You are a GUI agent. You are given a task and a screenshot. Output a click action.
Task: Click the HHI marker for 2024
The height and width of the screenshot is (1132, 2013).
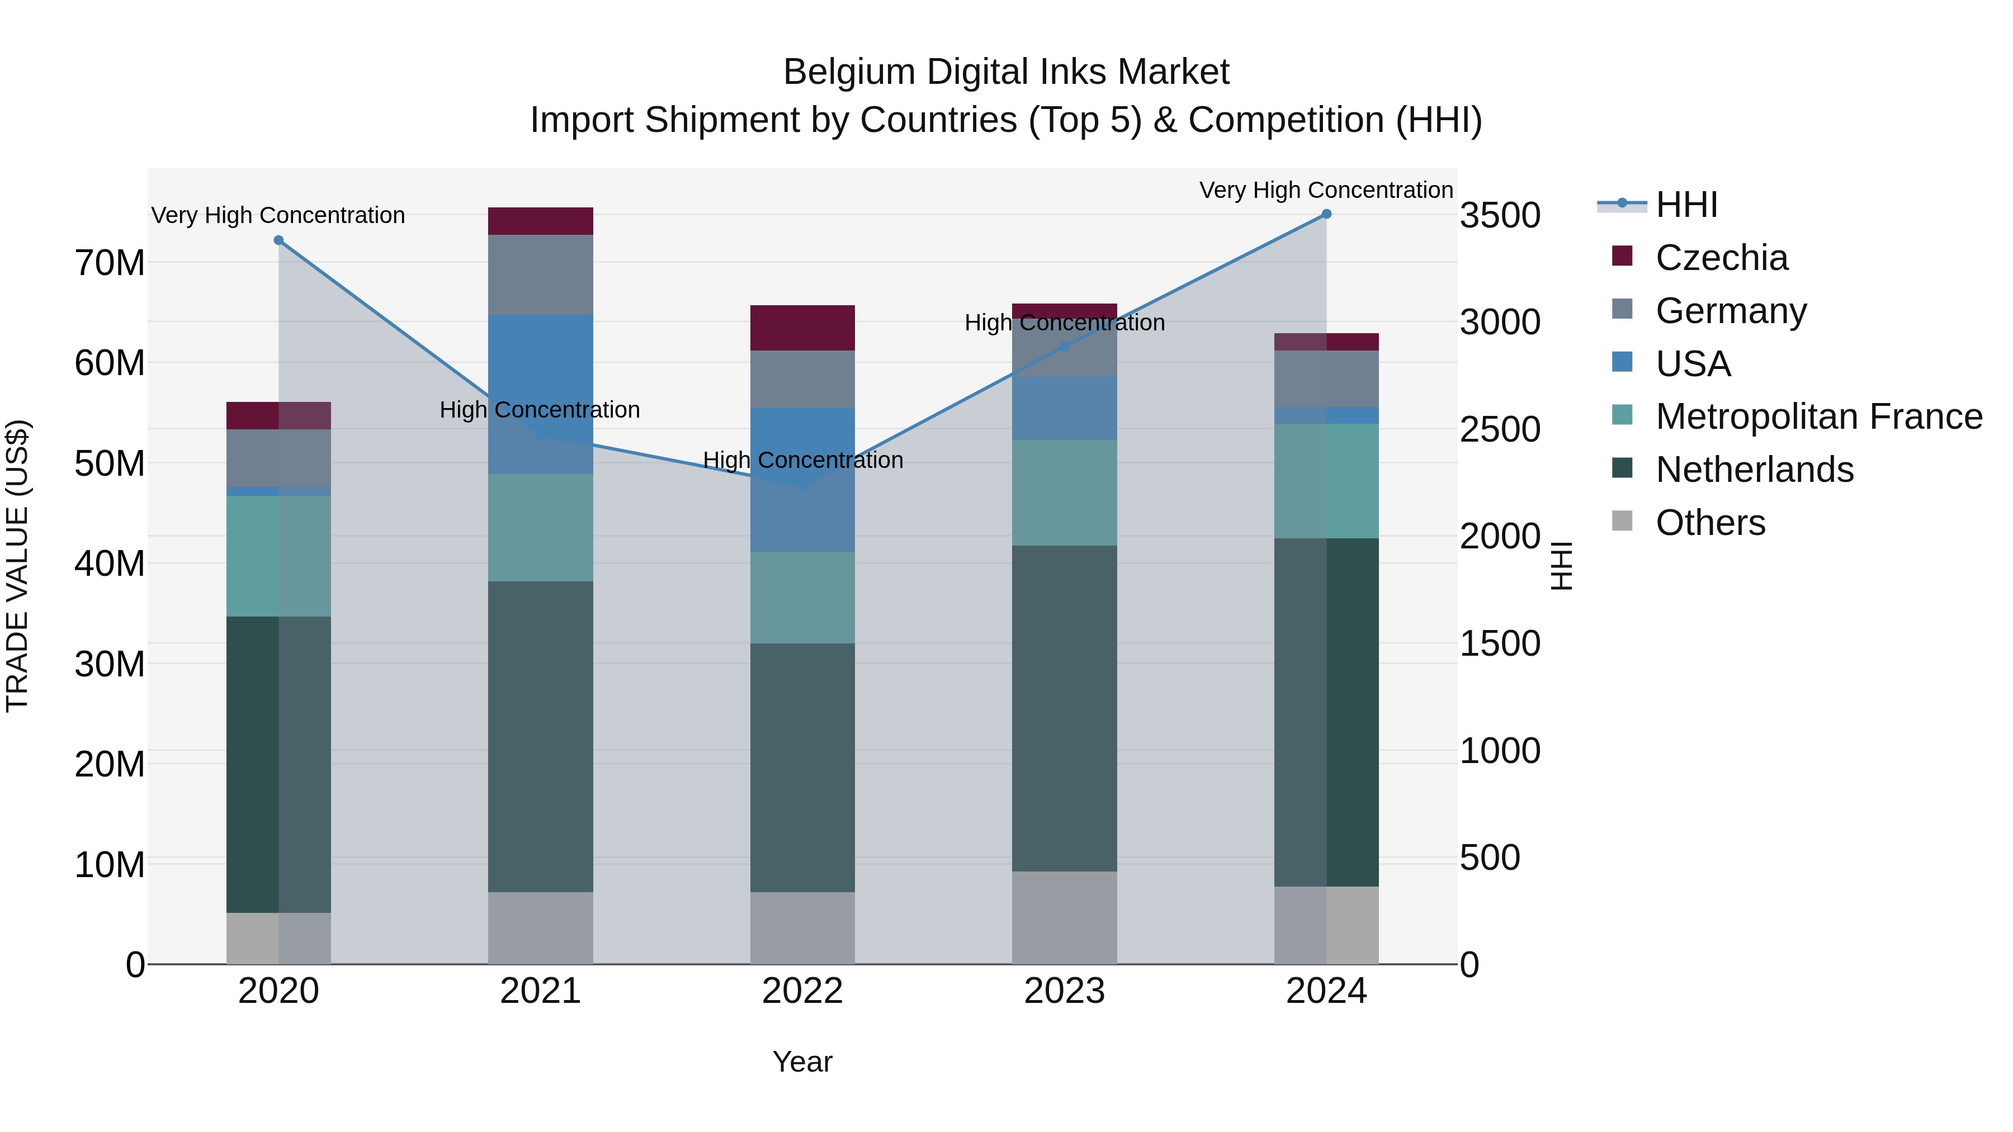[x=1326, y=214]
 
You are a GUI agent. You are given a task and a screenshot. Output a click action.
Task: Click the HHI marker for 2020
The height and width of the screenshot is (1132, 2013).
[x=279, y=240]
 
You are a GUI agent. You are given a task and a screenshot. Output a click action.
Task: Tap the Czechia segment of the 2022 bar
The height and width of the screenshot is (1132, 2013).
[x=802, y=328]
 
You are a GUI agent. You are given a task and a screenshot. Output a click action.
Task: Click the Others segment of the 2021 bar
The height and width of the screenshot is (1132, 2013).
[x=541, y=927]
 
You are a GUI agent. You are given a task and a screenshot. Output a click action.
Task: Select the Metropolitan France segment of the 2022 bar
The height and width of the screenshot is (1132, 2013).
[x=802, y=598]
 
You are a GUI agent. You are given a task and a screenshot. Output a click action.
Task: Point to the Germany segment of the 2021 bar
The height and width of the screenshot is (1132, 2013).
[x=541, y=275]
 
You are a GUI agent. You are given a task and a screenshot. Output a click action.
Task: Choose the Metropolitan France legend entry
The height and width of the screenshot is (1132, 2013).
[x=1818, y=416]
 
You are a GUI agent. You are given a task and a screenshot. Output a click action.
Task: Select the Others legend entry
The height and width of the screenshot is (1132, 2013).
[x=1710, y=523]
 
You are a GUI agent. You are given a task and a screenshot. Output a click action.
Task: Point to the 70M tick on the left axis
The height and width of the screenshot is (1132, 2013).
[x=110, y=263]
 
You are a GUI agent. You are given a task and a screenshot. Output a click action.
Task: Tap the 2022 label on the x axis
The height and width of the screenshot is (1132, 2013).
[x=802, y=991]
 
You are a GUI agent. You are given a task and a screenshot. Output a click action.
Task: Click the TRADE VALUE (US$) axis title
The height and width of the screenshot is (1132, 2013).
[x=17, y=566]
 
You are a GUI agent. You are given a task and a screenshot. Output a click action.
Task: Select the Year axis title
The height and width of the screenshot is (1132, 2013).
[x=802, y=1062]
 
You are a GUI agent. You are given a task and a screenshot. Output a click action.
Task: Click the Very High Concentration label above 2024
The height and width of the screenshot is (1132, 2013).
[x=1326, y=190]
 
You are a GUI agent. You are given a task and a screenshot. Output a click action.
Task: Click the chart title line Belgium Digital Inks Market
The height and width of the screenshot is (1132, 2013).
[x=1006, y=72]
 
